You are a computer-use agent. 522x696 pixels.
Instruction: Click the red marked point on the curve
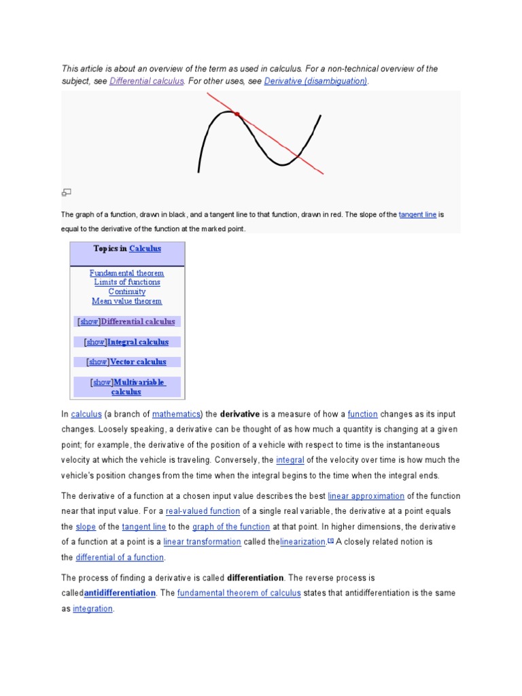pos(237,115)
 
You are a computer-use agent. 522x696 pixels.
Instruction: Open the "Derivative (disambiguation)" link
pos(315,81)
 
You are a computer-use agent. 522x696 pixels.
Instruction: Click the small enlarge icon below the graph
pos(67,192)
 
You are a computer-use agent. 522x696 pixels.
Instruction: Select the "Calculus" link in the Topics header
pos(145,249)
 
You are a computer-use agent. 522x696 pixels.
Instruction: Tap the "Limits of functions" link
pos(127,282)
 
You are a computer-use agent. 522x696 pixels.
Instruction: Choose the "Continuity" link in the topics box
pos(127,292)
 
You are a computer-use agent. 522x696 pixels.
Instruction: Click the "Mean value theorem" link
pos(127,301)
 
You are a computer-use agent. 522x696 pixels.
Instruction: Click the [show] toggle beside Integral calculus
pos(96,342)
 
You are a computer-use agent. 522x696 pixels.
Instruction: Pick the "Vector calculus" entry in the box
pos(138,362)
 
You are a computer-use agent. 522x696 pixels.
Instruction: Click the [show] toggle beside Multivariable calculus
pos(102,383)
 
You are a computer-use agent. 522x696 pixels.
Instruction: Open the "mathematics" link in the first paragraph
pos(176,414)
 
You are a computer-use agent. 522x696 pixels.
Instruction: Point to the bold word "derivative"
pos(240,414)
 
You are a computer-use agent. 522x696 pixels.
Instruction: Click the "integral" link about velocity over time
pos(290,460)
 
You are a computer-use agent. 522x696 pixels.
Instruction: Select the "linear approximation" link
pos(366,496)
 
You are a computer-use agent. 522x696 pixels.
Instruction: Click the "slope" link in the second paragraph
pos(86,527)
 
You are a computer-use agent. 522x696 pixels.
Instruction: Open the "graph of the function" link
pos(231,527)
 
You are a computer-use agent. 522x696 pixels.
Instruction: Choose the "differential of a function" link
pos(120,557)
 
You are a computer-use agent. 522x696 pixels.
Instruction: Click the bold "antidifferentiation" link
pos(120,593)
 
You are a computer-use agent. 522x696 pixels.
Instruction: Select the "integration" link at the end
pos(92,609)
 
